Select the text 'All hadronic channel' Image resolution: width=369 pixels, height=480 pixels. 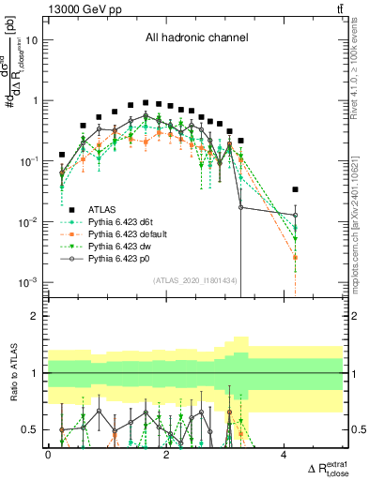pos(195,38)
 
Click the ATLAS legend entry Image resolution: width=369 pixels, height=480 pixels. pos(104,208)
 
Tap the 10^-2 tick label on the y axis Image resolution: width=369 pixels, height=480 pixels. pos(29,222)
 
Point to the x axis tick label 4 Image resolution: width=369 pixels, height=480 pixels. pos(284,455)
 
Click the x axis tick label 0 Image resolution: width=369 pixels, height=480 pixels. pos(49,455)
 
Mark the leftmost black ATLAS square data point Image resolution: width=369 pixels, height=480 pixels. pos(62,155)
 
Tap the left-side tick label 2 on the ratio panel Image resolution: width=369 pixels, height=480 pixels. pos(37,316)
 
